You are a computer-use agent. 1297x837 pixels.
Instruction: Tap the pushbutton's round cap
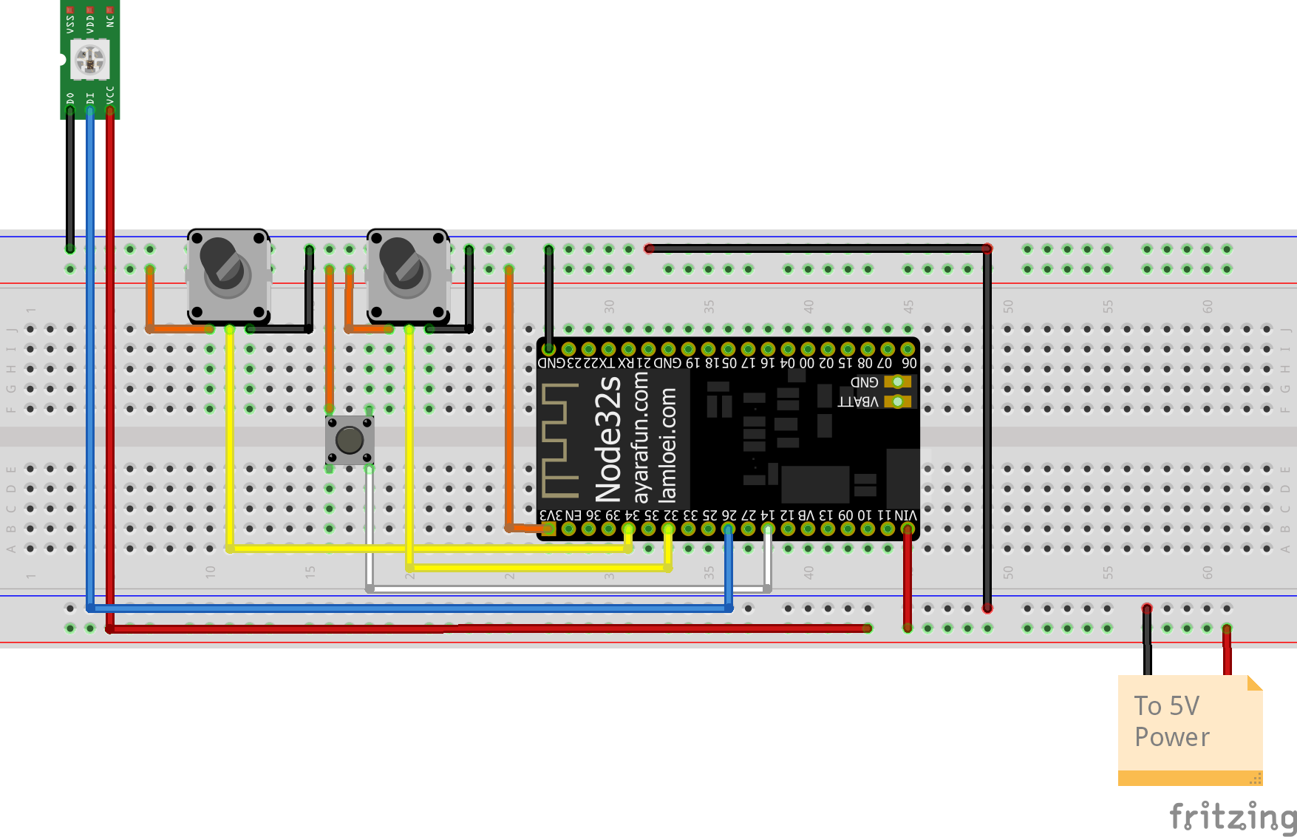tap(350, 440)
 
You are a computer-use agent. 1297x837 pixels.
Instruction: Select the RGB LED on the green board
tap(90, 60)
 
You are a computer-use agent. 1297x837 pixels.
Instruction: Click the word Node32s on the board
tap(608, 440)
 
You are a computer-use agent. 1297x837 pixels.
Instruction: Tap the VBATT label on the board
tap(858, 402)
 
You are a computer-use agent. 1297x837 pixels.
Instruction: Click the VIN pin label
tap(905, 515)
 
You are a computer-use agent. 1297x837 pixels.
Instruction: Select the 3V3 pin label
tap(551, 515)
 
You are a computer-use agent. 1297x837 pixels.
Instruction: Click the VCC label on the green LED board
tap(110, 95)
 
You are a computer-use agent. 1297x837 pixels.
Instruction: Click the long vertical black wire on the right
tap(987, 429)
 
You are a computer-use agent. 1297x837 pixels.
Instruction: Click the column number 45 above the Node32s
tap(908, 305)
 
